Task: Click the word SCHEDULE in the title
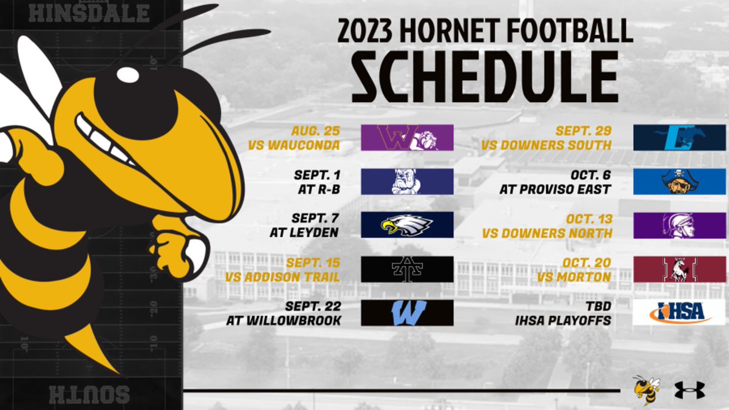click(x=484, y=77)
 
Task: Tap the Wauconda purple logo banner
click(x=407, y=137)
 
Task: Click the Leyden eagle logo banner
click(x=407, y=225)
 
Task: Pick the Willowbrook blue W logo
click(x=407, y=312)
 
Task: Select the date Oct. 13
click(x=590, y=220)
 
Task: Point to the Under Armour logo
click(x=689, y=390)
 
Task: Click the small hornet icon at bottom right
click(x=645, y=389)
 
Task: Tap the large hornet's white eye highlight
click(x=128, y=75)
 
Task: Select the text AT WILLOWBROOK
click(x=283, y=319)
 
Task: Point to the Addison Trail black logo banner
click(x=407, y=269)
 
